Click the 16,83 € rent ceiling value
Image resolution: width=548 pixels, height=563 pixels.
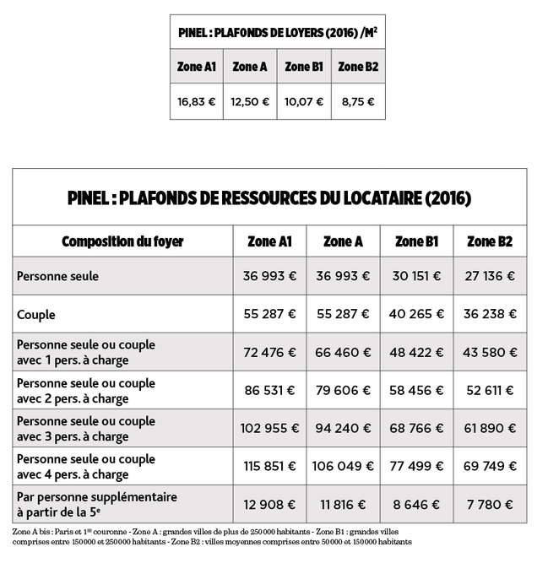(197, 102)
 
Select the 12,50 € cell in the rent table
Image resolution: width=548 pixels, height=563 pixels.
(250, 102)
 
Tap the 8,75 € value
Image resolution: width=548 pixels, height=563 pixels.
(358, 102)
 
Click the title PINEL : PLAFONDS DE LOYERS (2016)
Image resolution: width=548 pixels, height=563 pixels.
(277, 33)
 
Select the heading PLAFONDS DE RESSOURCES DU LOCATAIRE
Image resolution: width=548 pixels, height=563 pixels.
(269, 198)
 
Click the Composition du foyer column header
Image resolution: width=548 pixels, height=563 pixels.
(122, 241)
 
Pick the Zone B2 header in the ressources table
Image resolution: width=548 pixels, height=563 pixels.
(490, 241)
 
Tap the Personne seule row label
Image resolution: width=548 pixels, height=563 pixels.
(57, 276)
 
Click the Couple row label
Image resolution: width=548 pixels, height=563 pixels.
(36, 315)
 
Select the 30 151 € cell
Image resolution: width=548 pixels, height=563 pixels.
(416, 276)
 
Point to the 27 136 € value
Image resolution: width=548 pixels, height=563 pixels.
(490, 276)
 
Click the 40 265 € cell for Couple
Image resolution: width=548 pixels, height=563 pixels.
(416, 314)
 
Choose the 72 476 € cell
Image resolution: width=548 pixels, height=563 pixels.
(269, 352)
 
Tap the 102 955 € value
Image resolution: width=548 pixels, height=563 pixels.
(269, 429)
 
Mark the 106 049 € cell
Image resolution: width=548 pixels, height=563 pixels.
(343, 467)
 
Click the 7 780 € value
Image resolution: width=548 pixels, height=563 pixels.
(490, 505)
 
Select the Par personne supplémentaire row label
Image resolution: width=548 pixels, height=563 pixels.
(97, 504)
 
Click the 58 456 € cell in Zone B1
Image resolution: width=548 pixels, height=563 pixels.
(416, 390)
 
